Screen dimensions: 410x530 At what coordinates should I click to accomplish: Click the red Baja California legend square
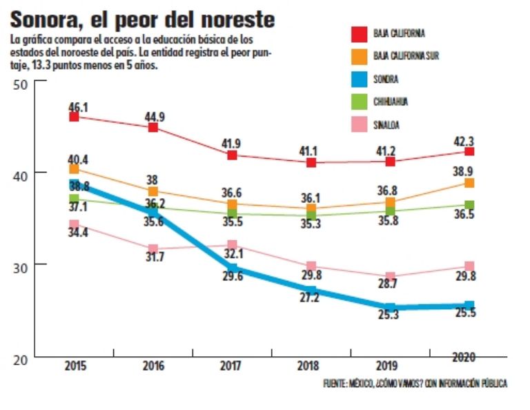click(x=359, y=33)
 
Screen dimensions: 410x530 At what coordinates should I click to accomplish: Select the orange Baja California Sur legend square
click(x=359, y=56)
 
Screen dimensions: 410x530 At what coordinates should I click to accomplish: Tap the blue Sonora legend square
click(x=359, y=79)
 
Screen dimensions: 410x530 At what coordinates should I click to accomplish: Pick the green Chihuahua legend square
click(x=359, y=101)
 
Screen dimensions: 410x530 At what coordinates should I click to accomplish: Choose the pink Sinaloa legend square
click(x=359, y=124)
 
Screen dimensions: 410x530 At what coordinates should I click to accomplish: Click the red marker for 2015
click(x=75, y=117)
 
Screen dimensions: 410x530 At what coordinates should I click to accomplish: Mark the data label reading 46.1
click(x=78, y=106)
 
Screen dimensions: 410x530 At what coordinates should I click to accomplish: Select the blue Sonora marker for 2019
click(x=390, y=308)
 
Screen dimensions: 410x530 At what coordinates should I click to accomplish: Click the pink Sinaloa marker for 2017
click(x=233, y=245)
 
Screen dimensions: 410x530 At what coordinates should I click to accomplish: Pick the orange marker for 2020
click(x=469, y=182)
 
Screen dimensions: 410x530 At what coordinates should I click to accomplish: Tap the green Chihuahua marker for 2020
click(x=469, y=204)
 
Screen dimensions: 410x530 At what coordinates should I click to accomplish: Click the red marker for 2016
click(x=153, y=127)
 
